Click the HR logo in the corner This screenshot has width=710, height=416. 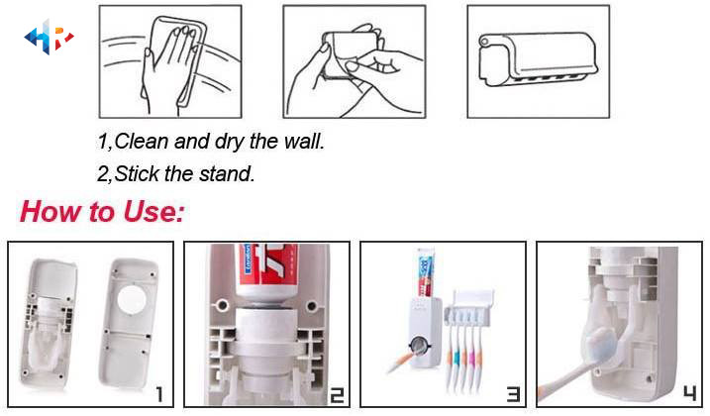click(x=49, y=38)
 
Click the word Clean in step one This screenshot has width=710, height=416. click(x=142, y=141)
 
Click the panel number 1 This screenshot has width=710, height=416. click(x=159, y=394)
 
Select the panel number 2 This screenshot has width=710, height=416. click(x=337, y=395)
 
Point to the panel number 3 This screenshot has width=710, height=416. click(x=514, y=394)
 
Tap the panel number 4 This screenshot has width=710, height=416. click(x=689, y=393)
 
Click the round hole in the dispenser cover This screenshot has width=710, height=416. click(x=132, y=299)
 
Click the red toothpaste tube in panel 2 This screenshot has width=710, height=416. click(x=268, y=272)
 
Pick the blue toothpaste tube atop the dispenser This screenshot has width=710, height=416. click(x=426, y=272)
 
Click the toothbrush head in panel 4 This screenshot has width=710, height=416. click(x=599, y=343)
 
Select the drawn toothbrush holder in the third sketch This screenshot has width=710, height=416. click(x=539, y=59)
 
